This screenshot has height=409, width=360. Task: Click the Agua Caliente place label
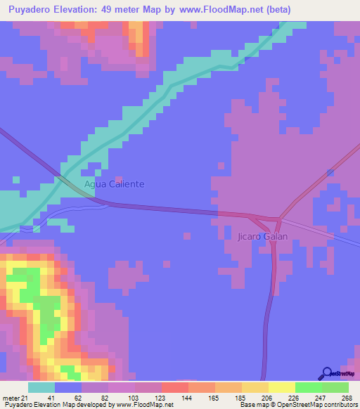(114, 184)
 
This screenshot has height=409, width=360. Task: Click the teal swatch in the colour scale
(41, 387)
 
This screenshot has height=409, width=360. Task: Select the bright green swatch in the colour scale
(308, 387)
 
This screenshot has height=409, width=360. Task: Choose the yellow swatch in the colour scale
(281, 387)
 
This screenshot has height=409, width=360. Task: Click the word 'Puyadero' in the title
(30, 9)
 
